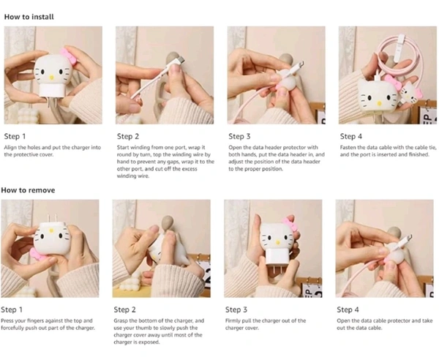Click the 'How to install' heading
tap(29, 17)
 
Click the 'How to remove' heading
tap(28, 190)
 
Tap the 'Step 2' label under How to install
tap(128, 136)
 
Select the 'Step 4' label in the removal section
tap(348, 310)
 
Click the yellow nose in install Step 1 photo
tap(51, 77)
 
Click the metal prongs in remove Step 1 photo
tap(50, 218)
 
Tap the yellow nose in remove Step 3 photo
tap(277, 242)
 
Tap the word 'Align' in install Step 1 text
tap(10, 148)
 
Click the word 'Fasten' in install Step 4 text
tap(348, 148)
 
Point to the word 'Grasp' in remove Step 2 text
tap(121, 320)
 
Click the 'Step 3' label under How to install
tap(239, 136)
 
